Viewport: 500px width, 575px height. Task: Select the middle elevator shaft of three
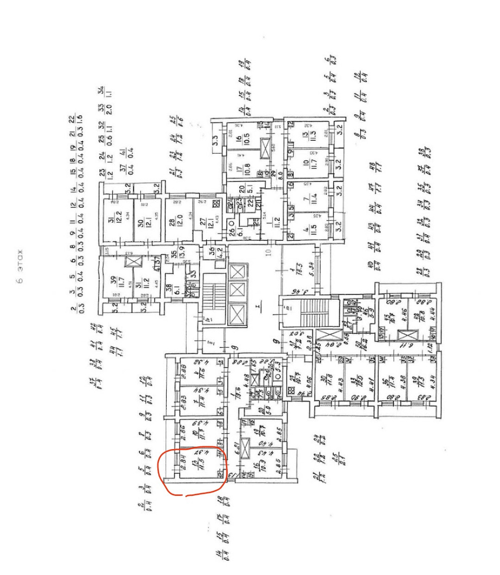click(237, 290)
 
